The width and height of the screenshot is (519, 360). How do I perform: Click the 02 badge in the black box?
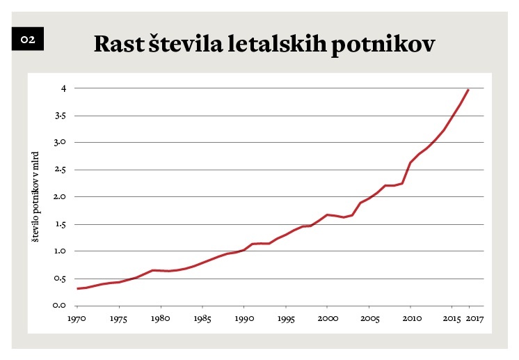(x=28, y=40)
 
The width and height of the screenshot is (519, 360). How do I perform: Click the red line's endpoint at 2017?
(x=469, y=90)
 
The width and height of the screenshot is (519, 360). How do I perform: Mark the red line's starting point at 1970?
(x=77, y=288)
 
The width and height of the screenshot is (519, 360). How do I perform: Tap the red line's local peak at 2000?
(x=327, y=214)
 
